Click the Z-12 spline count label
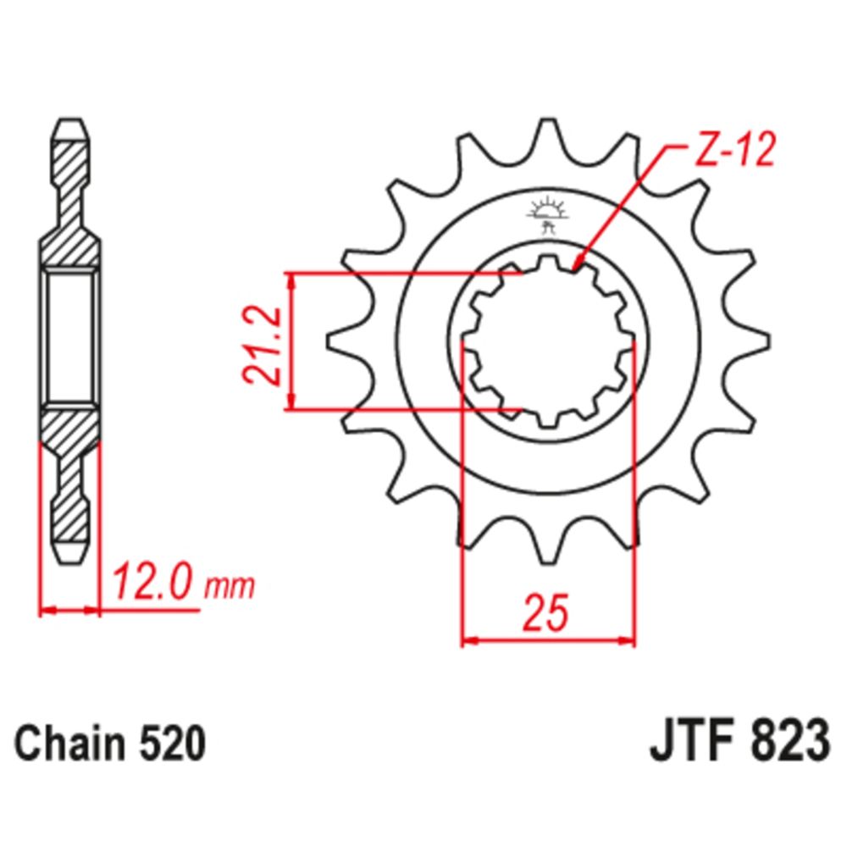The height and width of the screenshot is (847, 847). tap(733, 153)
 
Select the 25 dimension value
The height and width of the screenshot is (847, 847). tap(545, 614)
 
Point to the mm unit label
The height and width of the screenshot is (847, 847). tap(230, 586)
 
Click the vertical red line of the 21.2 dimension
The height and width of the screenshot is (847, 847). tap(292, 342)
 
